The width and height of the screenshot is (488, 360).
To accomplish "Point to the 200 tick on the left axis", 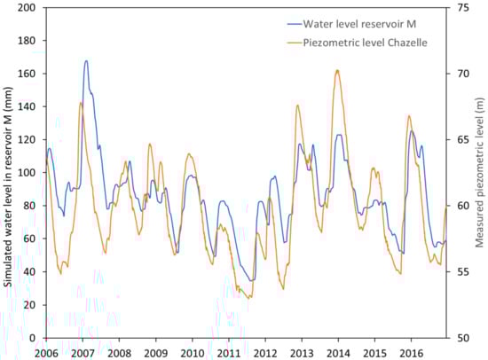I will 29,7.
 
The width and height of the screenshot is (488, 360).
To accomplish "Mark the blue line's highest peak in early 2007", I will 86,61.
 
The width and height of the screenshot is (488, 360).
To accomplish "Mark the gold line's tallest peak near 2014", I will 337,70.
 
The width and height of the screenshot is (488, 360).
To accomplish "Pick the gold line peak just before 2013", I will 297,106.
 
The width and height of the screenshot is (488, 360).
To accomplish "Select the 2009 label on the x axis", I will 154,351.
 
